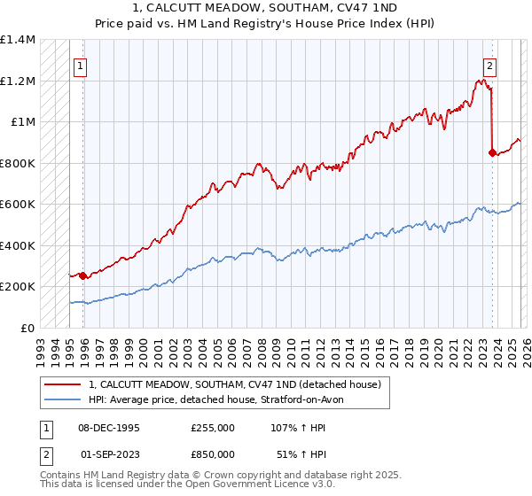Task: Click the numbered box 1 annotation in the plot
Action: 80,65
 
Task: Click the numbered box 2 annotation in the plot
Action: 489,65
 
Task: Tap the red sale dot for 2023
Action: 492,152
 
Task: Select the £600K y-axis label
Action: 18,204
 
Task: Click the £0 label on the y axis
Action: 27,328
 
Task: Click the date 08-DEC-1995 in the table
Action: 109,427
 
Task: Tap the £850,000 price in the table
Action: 213,453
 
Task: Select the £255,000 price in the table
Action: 213,427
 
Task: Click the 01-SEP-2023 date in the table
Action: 110,453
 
